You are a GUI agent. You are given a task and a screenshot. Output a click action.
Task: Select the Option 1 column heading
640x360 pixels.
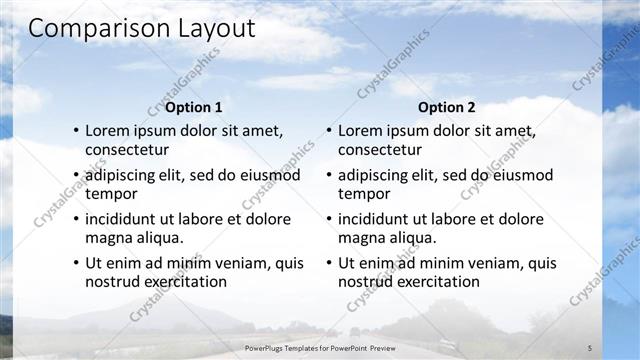pos(194,107)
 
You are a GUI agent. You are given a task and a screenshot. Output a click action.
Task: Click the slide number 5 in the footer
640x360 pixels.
pos(589,348)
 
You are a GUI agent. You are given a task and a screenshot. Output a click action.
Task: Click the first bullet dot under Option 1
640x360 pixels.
pos(75,131)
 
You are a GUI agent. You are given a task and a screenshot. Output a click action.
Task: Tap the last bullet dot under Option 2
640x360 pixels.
pos(328,264)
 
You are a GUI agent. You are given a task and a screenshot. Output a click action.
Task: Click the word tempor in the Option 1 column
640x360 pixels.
pos(111,194)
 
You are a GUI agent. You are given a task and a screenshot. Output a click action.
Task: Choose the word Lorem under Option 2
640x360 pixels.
pos(360,131)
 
